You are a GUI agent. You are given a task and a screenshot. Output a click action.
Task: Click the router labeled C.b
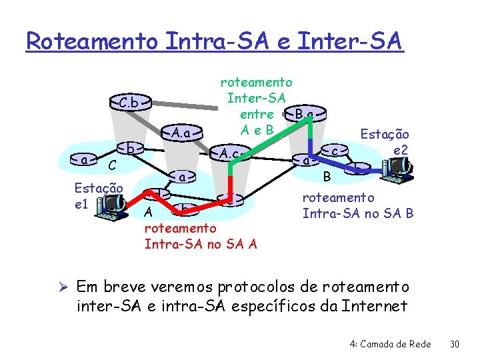point(130,103)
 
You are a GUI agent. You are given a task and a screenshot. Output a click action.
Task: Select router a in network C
point(84,161)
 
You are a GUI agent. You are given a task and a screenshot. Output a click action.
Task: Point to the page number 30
point(455,344)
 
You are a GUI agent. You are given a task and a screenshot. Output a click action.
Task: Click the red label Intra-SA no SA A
point(201,243)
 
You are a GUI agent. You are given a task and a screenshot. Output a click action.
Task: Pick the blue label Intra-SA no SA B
point(357,213)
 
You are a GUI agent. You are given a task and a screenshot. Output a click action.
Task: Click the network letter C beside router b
point(113,164)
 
